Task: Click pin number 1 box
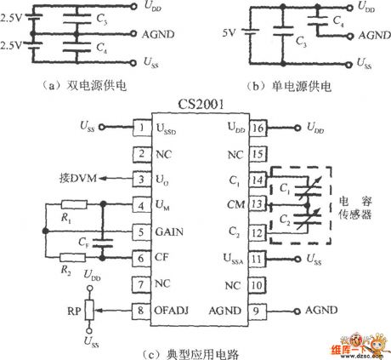141,128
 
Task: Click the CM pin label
236,204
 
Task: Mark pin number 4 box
141,205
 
